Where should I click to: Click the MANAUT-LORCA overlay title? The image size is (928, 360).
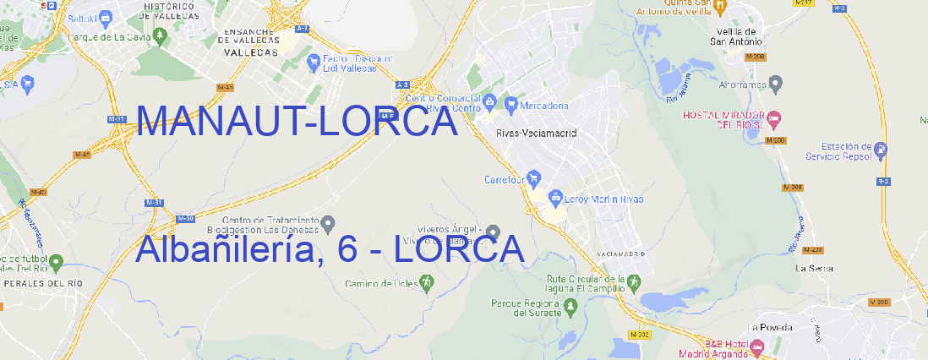click(296, 122)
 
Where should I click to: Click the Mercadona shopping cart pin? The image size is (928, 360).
click(511, 105)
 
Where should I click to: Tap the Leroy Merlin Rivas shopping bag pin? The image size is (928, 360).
click(555, 199)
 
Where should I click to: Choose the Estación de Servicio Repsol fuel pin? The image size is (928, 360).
click(882, 150)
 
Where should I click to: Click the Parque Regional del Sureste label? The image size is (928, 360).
click(526, 308)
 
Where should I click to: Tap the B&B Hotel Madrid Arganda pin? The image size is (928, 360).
click(757, 346)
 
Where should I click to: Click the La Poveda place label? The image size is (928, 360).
click(769, 327)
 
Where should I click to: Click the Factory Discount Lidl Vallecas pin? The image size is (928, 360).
click(314, 61)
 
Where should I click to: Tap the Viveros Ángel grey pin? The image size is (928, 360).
click(493, 232)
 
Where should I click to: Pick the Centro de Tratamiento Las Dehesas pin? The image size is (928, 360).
click(329, 223)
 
